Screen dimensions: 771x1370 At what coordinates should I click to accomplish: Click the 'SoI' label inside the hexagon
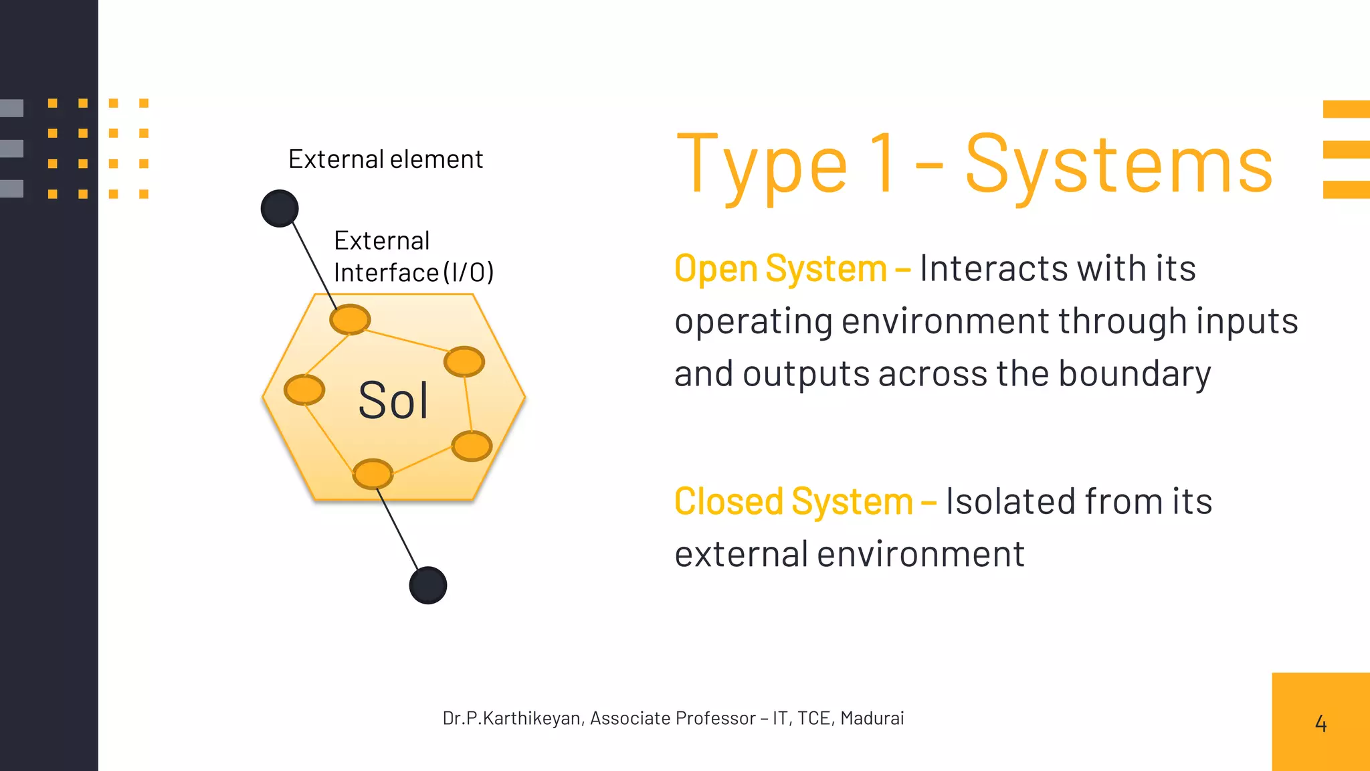393,401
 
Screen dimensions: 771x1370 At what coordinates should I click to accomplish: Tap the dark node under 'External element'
280,208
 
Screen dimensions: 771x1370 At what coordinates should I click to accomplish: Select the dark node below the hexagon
428,586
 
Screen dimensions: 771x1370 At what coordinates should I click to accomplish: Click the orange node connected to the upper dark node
350,319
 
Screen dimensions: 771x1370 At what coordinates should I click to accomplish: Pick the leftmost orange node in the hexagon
304,390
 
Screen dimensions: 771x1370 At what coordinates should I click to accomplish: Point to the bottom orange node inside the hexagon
373,474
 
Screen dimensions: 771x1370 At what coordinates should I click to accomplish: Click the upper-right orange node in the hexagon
464,362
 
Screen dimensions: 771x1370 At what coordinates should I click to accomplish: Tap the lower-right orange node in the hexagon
472,446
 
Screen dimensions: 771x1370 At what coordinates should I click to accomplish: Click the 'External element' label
385,159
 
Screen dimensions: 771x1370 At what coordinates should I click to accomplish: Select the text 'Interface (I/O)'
413,272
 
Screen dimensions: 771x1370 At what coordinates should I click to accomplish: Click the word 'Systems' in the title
1118,165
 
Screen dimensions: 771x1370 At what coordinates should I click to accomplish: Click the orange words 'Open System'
780,269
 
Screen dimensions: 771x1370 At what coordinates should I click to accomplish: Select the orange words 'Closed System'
793,501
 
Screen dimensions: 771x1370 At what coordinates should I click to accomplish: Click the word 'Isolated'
1009,501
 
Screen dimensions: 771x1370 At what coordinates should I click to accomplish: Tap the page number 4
1320,723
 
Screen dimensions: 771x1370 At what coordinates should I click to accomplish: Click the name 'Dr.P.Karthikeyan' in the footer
512,718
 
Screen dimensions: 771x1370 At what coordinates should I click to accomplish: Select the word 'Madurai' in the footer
872,718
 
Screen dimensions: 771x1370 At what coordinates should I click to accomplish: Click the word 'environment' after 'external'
920,555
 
